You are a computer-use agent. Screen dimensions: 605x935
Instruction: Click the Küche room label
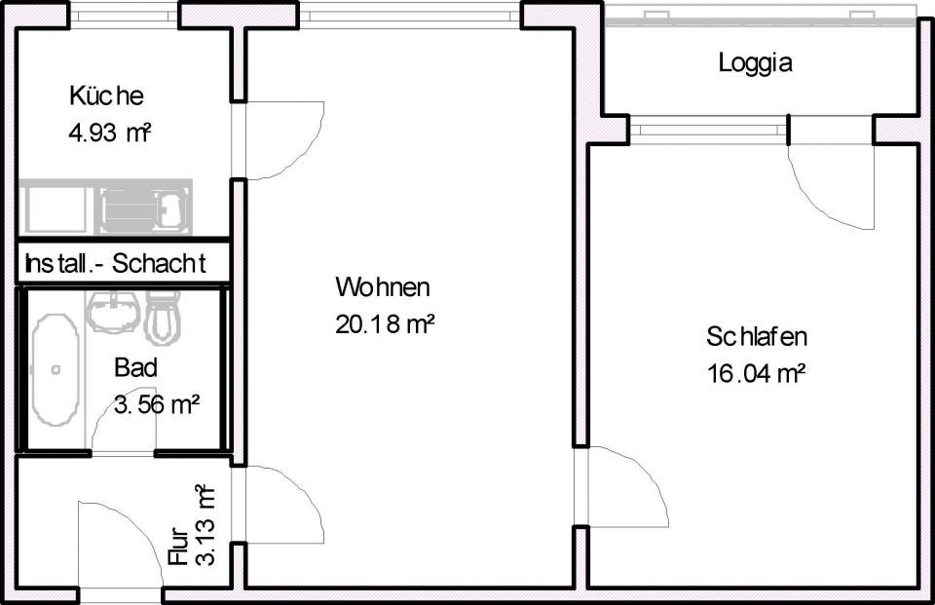coord(106,96)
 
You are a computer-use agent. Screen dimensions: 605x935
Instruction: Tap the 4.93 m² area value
coord(109,133)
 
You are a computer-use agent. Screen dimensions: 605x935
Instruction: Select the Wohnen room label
coord(383,288)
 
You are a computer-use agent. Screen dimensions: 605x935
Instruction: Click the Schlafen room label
coord(757,338)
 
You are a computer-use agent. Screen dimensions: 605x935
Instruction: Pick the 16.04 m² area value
coord(757,373)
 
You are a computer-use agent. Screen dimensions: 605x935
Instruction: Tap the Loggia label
coord(756,64)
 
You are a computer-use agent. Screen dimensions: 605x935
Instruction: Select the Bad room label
coord(135,368)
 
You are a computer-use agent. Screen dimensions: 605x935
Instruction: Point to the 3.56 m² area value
coord(157,404)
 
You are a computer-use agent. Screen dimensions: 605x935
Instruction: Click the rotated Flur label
coord(178,547)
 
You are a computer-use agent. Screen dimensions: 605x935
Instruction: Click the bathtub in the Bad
coord(56,369)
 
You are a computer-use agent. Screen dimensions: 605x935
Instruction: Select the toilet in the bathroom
coord(165,318)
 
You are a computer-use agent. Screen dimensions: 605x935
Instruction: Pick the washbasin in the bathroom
coord(114,311)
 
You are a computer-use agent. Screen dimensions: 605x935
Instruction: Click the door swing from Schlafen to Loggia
coord(828,185)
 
